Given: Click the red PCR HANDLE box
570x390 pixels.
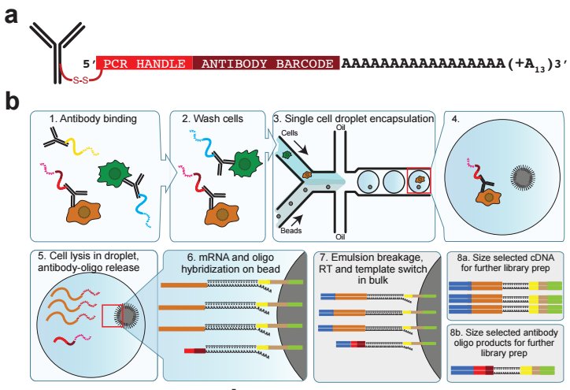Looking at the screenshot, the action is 144,63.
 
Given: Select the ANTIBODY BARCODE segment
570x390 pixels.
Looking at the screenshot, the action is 266,63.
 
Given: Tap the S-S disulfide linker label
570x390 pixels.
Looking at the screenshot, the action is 81,80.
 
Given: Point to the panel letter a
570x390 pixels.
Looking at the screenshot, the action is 10,16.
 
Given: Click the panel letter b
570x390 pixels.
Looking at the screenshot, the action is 12,101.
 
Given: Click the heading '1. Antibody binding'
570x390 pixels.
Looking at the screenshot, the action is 93,119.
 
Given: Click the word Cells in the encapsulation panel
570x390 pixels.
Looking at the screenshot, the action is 290,133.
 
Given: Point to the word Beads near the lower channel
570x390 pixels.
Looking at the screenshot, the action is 291,231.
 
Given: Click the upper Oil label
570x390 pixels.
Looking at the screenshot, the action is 340,128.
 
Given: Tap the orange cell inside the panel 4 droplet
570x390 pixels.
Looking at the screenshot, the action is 489,198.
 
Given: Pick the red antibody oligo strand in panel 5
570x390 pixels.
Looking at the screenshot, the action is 64,341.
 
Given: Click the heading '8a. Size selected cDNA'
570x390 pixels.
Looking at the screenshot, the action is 505,258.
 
